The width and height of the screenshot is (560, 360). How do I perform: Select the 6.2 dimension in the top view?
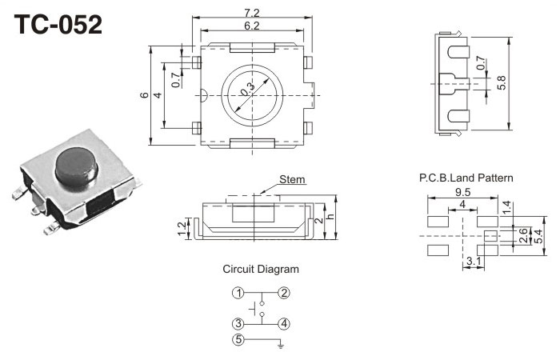point(252,26)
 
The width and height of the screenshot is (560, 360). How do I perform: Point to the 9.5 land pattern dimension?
point(462,193)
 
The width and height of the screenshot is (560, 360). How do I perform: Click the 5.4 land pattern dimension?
point(538,236)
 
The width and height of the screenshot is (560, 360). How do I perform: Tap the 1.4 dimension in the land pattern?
point(506,207)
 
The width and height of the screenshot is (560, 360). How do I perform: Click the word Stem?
point(293,179)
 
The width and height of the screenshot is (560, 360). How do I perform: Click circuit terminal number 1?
point(238,293)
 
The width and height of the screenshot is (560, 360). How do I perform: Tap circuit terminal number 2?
point(283,293)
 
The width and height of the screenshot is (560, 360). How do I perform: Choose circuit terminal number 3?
point(238,323)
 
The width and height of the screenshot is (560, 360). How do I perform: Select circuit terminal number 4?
point(283,323)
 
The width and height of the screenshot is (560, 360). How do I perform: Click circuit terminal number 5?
point(238,340)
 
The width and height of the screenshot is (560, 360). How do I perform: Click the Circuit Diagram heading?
point(261,269)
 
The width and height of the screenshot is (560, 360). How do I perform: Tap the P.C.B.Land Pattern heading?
point(466,178)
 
